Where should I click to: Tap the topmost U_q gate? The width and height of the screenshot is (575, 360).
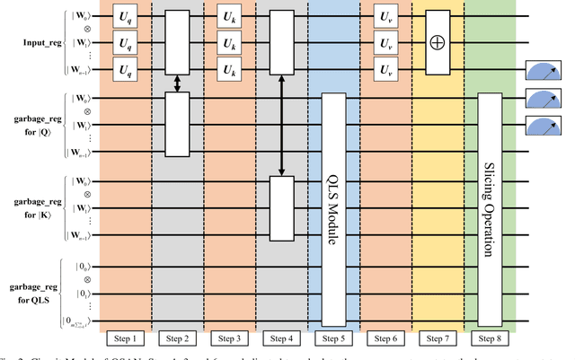tap(124, 17)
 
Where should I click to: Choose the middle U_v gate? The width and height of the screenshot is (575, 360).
tap(385, 43)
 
